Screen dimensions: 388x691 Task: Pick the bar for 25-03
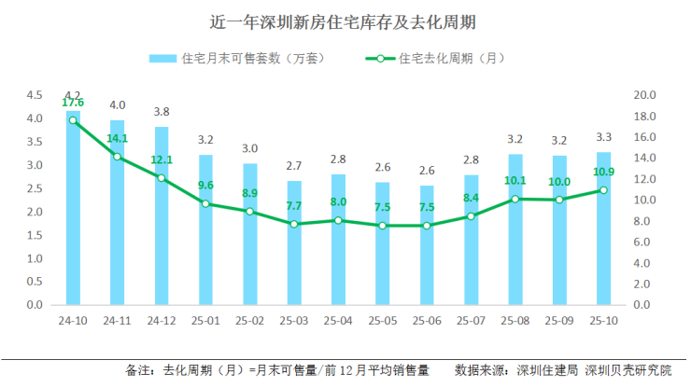(294, 244)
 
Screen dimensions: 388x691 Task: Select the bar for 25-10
(604, 229)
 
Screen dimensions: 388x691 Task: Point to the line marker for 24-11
(117, 157)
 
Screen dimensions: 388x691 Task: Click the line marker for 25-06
(427, 226)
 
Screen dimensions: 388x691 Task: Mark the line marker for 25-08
(515, 199)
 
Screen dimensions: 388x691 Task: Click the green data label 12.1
(162, 159)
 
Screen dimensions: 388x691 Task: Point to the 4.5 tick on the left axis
(35, 95)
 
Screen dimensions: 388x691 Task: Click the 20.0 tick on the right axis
(645, 95)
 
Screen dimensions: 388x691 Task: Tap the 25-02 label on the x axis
(249, 321)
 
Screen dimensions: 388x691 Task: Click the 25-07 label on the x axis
(472, 321)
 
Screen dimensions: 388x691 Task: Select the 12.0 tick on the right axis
(645, 179)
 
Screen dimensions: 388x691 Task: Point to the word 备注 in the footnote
(137, 370)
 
